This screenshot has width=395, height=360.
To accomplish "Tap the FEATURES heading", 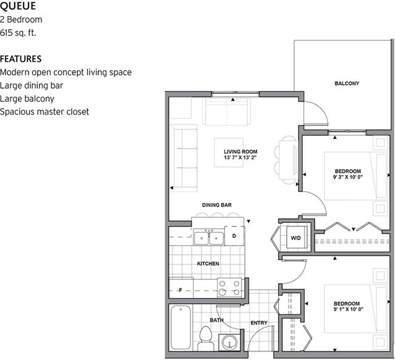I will pos(21,59).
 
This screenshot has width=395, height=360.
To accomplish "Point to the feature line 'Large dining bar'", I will pos(32,85).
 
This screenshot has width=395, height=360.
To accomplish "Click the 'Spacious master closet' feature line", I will pos(45,112).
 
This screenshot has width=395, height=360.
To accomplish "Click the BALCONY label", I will pos(346,83).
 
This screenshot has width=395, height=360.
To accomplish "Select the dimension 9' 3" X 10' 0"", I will pos(347,177).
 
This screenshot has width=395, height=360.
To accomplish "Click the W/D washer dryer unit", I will pos(295,238).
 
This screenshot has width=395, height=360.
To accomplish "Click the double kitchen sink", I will pos(208,237).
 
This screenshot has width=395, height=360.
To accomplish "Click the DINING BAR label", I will pos(216,205).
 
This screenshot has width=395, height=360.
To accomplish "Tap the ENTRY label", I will pos(258,323).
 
